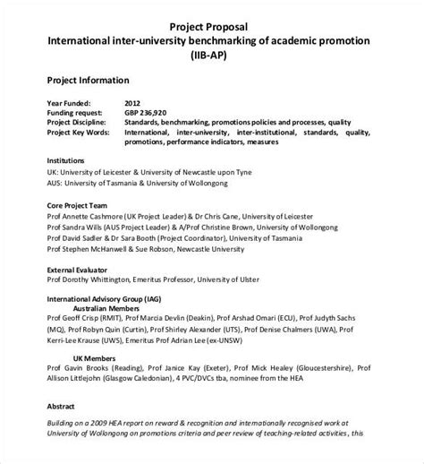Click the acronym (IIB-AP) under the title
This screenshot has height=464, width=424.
click(211, 56)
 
